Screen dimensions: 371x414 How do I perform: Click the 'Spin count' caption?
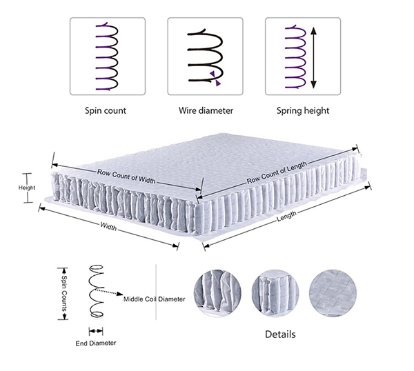106,110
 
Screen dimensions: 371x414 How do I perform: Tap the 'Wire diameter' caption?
206,110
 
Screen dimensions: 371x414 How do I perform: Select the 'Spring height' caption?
303,110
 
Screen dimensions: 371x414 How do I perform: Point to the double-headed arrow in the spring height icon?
314,57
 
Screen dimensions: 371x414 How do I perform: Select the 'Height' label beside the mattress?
27,188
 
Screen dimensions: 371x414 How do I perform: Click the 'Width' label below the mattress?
108,226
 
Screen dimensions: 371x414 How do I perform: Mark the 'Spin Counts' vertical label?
64,294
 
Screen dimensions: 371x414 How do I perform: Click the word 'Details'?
281,335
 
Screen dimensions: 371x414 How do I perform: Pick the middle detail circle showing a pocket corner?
273,290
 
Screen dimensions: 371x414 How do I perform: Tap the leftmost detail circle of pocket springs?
216,290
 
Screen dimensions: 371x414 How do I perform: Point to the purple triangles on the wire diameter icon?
215,77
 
